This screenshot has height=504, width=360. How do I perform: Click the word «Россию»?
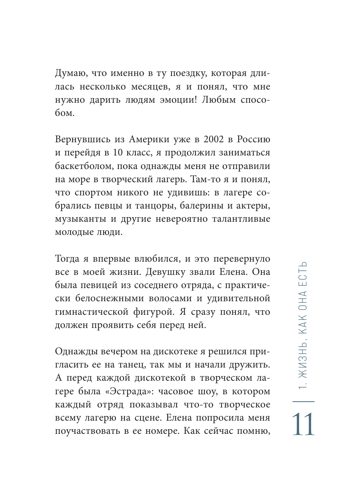coord(253,139)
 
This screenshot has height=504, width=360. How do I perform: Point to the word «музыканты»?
coord(80,219)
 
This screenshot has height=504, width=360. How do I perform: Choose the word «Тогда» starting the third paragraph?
coord(68,259)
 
